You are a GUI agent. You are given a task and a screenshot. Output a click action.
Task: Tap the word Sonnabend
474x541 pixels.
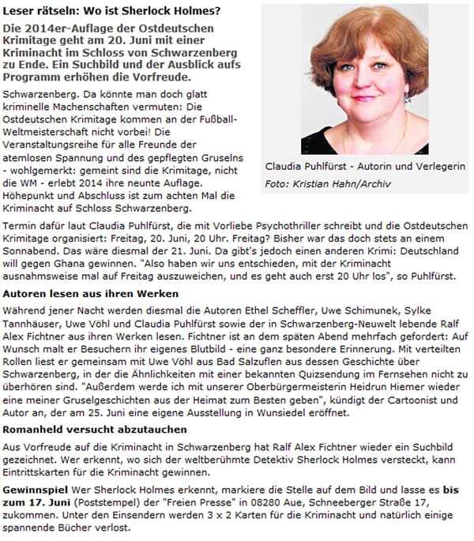(32, 249)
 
